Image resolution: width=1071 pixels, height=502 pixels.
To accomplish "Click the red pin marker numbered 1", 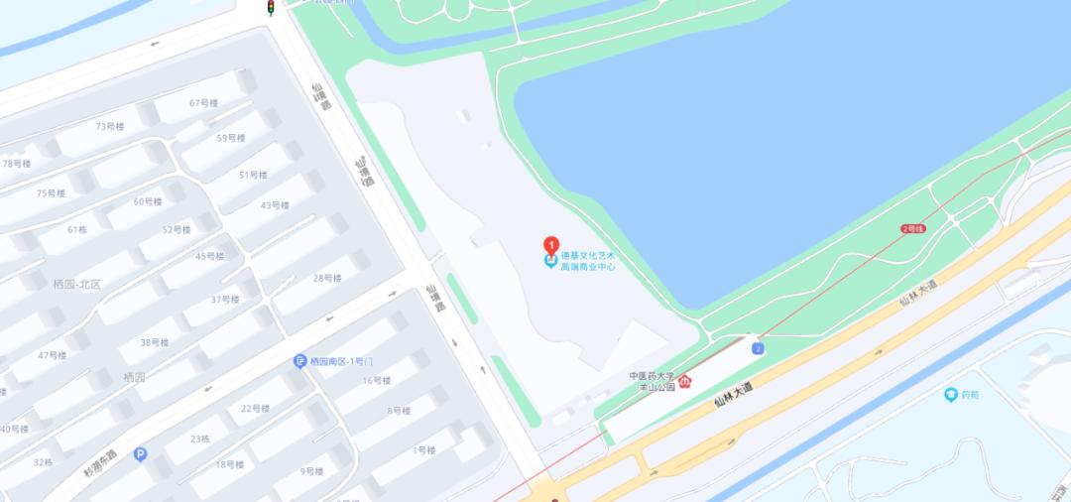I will coord(551,245).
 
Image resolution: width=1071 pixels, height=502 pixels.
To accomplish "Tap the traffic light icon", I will coord(270,8).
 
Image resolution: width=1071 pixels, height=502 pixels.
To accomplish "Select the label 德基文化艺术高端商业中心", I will coord(588,260).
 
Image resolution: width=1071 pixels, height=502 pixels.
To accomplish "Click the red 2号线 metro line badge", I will coord(912,229).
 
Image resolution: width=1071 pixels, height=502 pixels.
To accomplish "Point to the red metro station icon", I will coord(684,381).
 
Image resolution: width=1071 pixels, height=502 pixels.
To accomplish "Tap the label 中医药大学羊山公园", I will coord(652,381).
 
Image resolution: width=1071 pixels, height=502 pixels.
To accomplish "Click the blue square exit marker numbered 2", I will coord(758,348).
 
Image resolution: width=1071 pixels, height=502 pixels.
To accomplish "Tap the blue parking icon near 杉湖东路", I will coord(140,454).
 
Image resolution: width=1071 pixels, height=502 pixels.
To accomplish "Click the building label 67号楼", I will coord(203,103).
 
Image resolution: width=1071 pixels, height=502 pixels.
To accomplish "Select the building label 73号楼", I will coord(109,126).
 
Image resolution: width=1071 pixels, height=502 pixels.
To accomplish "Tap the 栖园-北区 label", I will coord(76,284).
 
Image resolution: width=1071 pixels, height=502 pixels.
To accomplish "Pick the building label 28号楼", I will coord(327,278).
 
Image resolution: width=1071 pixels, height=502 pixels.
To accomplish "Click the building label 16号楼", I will coord(376,380).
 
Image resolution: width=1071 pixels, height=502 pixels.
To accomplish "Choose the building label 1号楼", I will coord(423,450).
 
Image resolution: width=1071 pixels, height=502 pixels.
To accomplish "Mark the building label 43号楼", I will coord(275,205).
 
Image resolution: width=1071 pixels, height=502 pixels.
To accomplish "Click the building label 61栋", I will coord(77,229).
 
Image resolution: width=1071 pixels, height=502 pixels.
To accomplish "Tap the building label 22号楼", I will coord(255,408).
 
